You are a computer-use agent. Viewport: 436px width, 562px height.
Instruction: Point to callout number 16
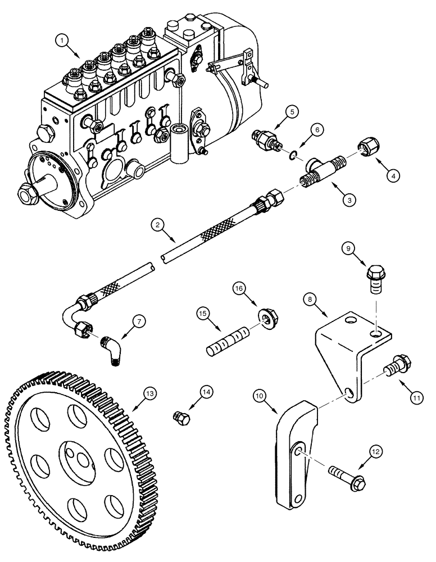238,289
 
